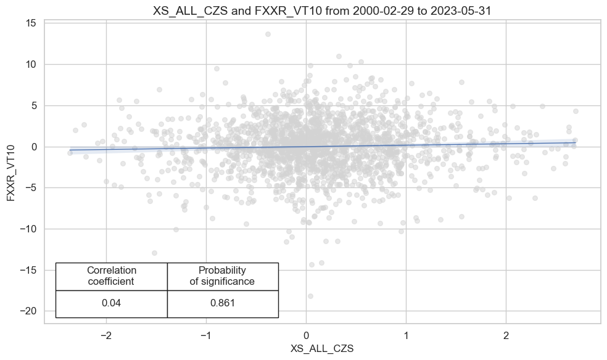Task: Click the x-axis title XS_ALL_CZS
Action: tap(323, 348)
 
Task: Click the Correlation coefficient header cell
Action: tap(112, 276)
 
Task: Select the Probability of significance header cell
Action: tap(223, 276)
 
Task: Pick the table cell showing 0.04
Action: tap(112, 303)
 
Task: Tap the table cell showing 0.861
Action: tap(223, 303)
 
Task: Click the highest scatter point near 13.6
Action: tap(268, 34)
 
